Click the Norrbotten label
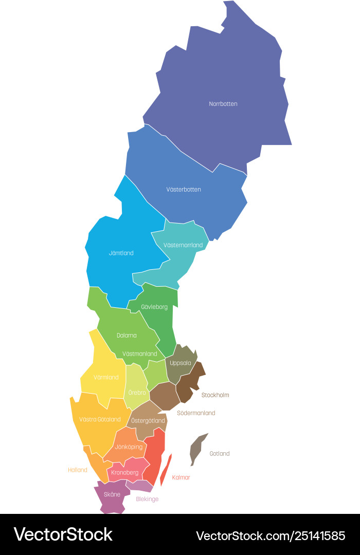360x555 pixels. [x=223, y=104]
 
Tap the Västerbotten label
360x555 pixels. [x=184, y=190]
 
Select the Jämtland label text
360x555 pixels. [x=121, y=253]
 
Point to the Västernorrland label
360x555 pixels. [x=183, y=245]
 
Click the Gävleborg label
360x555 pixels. [x=154, y=307]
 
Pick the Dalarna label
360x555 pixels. [x=127, y=336]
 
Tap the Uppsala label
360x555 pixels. [x=181, y=363]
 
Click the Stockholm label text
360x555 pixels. [x=215, y=395]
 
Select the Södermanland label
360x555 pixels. [x=196, y=413]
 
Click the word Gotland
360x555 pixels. [x=220, y=454]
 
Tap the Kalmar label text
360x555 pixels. [x=181, y=477]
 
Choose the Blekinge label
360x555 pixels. [x=147, y=499]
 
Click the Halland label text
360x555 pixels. [x=78, y=470]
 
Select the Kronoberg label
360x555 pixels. [x=125, y=473]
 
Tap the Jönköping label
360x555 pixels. [x=129, y=447]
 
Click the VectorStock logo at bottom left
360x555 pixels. [x=63, y=534]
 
